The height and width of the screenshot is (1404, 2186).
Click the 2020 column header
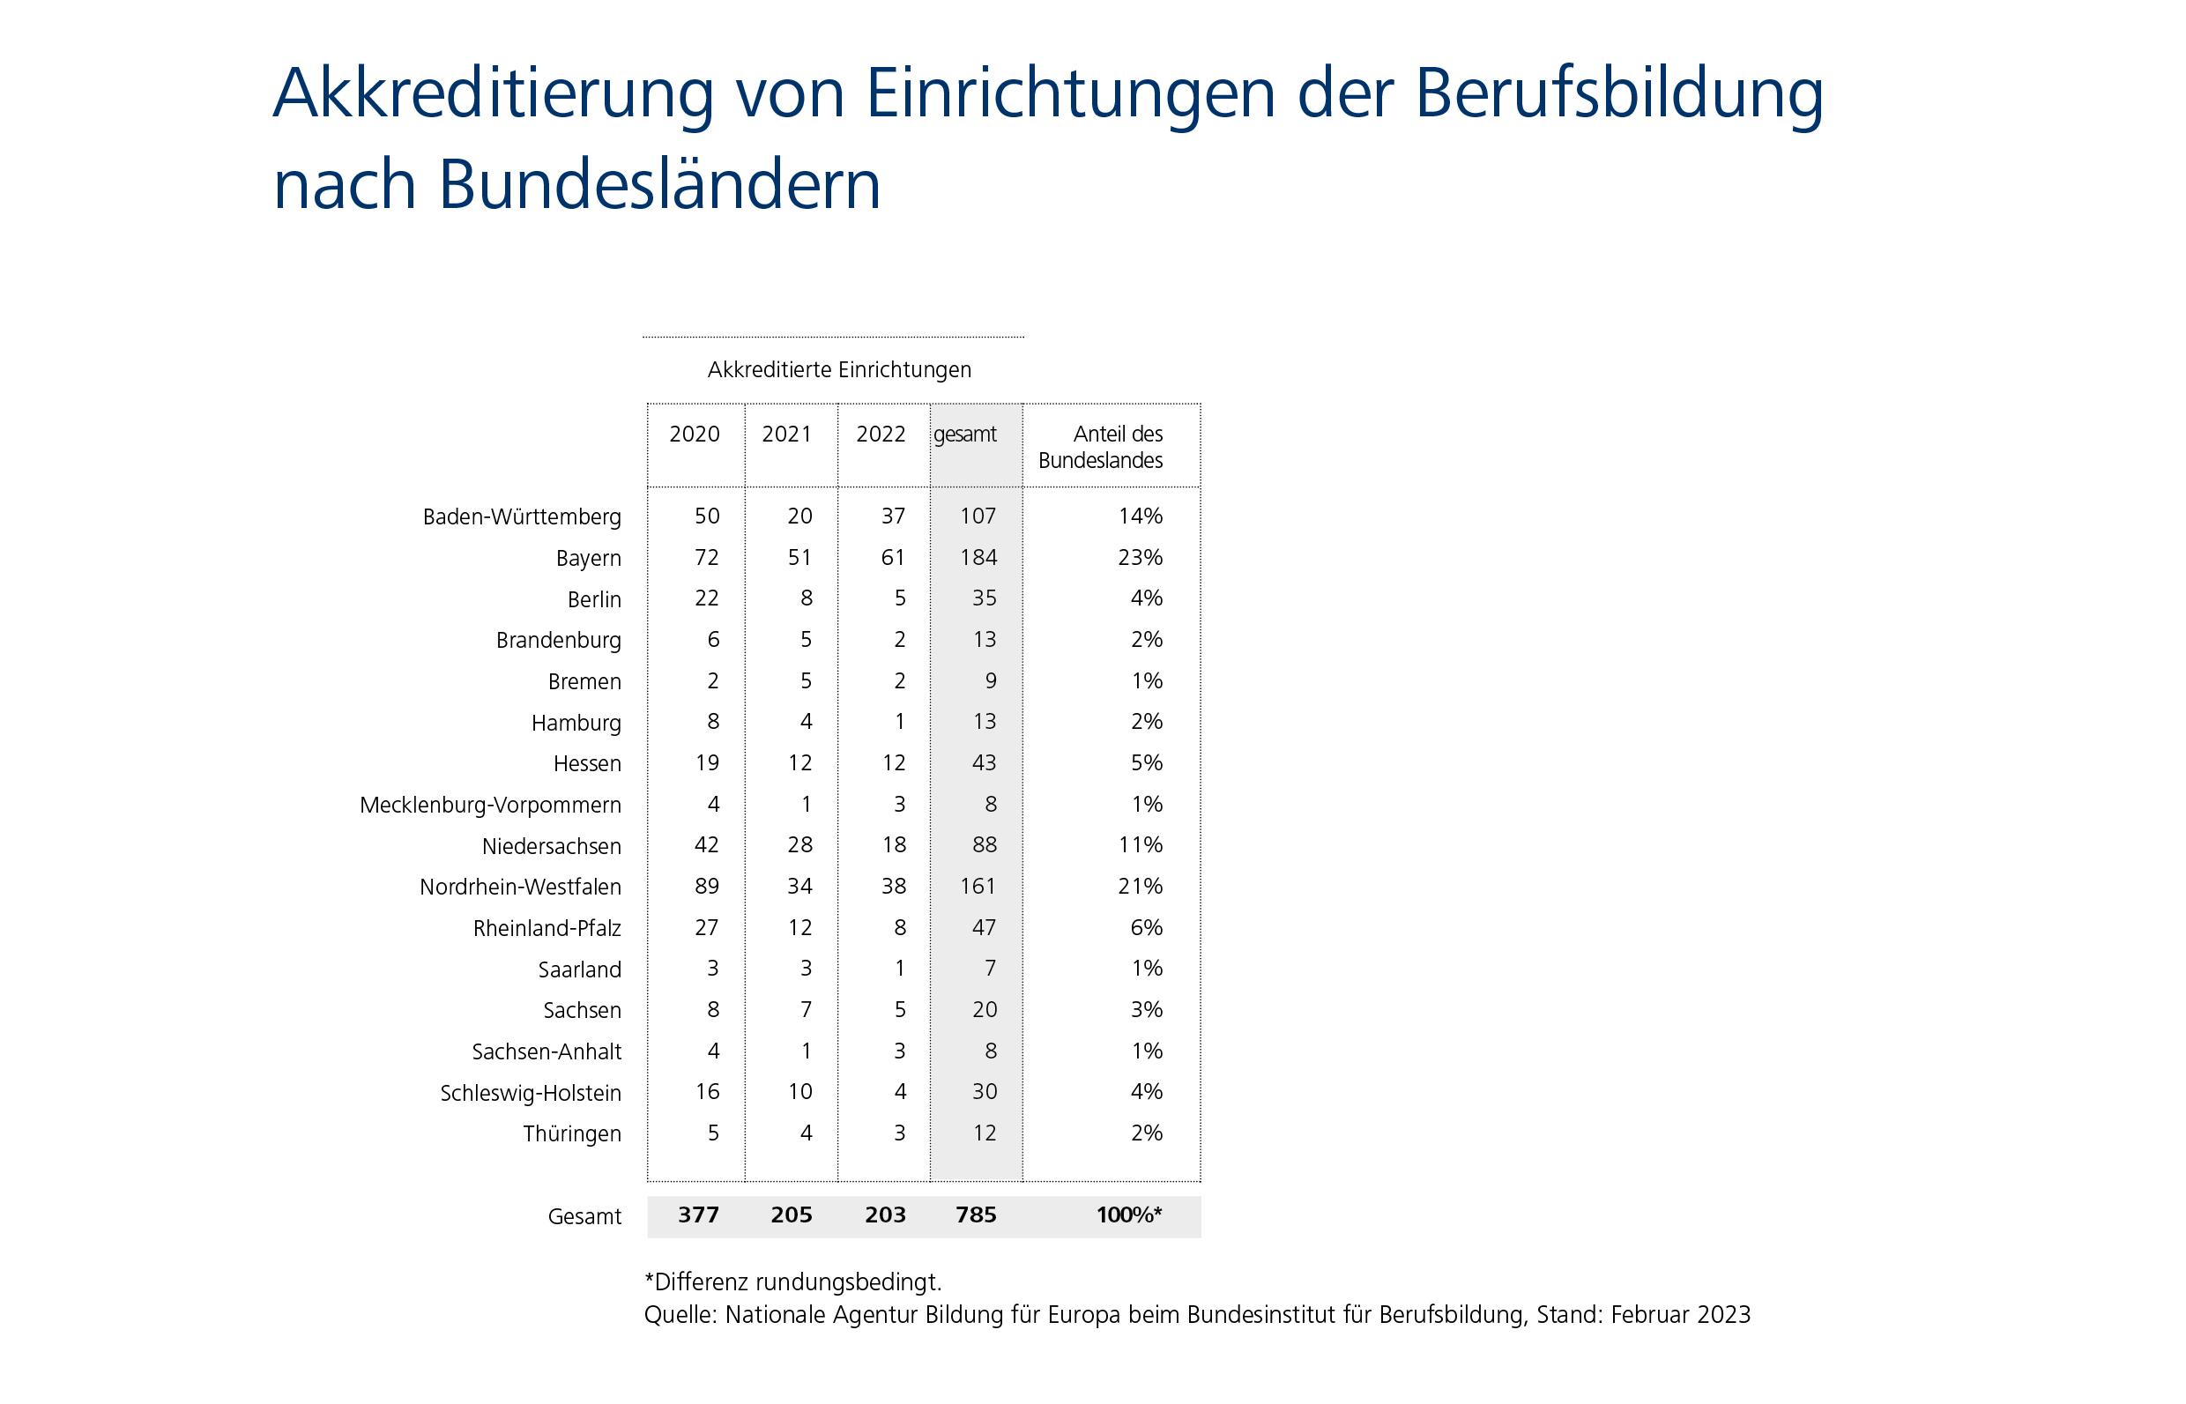[x=694, y=434]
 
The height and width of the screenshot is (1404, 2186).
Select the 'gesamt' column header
[x=964, y=434]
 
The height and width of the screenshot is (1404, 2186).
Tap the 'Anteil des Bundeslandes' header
[x=1100, y=447]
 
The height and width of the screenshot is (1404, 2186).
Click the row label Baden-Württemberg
[x=522, y=517]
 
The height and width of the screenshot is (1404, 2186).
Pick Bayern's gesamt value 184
[x=978, y=557]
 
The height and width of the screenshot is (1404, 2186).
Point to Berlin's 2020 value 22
[x=707, y=598]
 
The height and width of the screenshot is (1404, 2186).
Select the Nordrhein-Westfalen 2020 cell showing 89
[x=707, y=886]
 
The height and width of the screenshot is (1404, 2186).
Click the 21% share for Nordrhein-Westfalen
[x=1140, y=886]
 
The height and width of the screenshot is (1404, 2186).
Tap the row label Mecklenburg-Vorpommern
[x=490, y=805]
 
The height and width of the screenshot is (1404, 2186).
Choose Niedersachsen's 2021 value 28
[x=799, y=845]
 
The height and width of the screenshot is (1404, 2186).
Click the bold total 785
[x=976, y=1215]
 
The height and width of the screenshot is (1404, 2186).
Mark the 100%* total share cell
[x=1128, y=1215]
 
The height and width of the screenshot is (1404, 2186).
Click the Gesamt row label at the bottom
[x=584, y=1216]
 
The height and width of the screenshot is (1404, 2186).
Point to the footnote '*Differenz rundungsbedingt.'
[x=792, y=1281]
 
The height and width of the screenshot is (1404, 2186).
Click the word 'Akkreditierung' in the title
[x=492, y=93]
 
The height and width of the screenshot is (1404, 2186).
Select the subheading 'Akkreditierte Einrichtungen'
[x=838, y=369]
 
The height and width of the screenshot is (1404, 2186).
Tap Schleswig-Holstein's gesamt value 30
[x=984, y=1091]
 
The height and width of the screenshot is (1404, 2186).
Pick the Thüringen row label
[x=571, y=1134]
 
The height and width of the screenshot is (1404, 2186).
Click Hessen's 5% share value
[x=1146, y=762]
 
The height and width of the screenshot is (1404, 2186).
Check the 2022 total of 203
[x=884, y=1215]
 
